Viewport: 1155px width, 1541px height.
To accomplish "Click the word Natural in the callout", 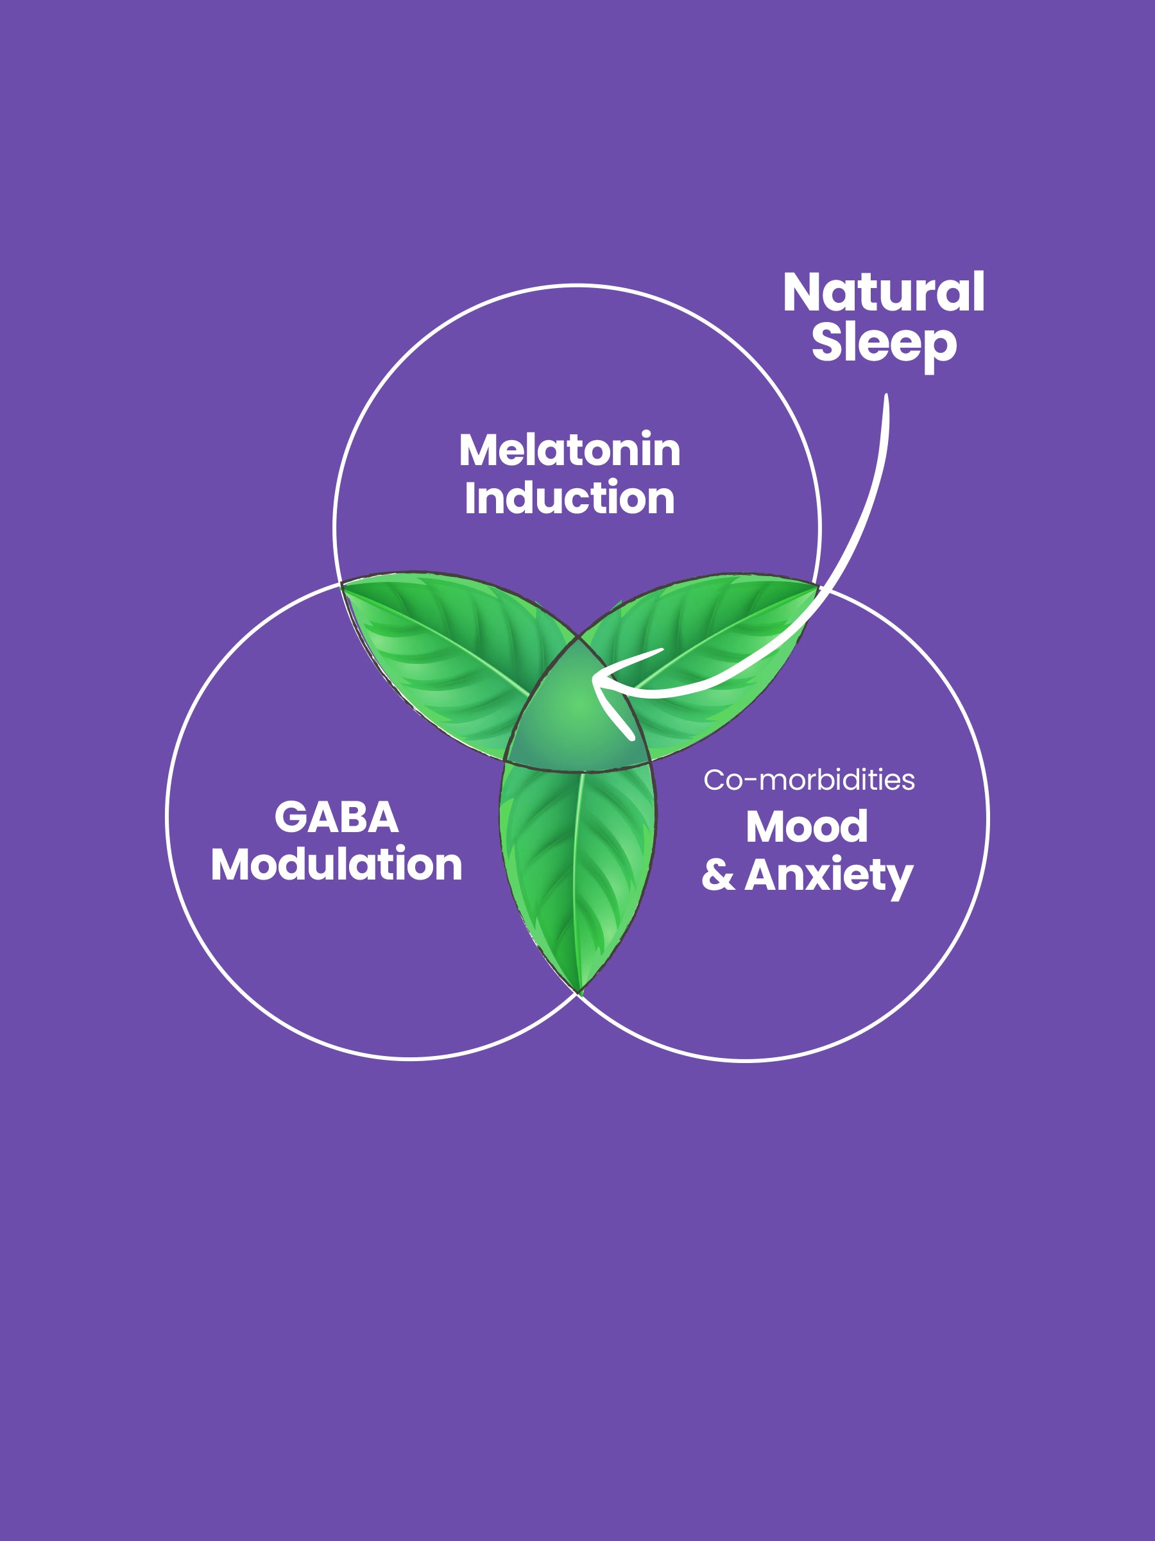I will point(884,293).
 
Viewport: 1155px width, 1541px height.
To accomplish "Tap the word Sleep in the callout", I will point(884,343).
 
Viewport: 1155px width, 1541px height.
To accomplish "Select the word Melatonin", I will point(569,451).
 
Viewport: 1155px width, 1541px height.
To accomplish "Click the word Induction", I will point(569,499).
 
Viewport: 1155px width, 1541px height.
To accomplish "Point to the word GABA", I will point(336,817).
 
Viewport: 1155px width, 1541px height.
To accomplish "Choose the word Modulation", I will point(336,865).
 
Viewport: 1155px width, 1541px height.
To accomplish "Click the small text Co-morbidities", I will point(809,780).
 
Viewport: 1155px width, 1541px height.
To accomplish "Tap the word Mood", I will point(807,827).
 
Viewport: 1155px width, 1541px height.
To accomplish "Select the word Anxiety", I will point(828,876).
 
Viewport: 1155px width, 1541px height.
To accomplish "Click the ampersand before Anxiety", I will point(717,876).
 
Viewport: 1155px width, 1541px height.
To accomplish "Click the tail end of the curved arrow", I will point(886,397).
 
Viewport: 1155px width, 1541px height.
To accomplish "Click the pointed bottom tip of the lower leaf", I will point(579,991).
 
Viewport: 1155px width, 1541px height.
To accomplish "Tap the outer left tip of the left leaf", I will point(343,585).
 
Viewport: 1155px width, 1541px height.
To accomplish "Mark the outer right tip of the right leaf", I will point(816,586).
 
